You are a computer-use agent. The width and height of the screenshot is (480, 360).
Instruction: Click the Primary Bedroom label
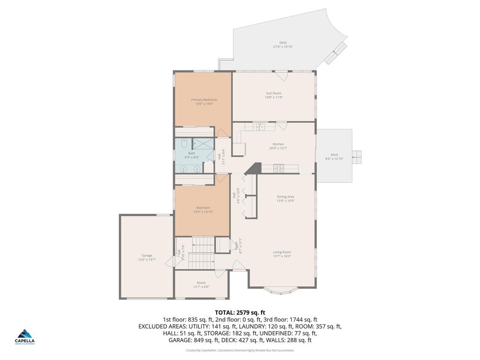pyautogui.click(x=204, y=99)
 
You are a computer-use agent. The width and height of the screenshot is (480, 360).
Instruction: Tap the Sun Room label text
pyautogui.click(x=273, y=93)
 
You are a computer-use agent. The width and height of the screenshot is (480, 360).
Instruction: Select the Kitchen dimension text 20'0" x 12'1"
pyautogui.click(x=278, y=148)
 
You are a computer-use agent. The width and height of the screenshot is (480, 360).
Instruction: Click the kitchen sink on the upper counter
pyautogui.click(x=260, y=126)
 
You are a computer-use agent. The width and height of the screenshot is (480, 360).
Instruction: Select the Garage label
pyautogui.click(x=147, y=255)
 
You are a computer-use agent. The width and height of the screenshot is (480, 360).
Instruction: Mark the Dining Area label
pyautogui.click(x=285, y=196)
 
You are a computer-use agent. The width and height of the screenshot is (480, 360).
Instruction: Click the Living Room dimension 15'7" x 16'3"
pyautogui.click(x=282, y=256)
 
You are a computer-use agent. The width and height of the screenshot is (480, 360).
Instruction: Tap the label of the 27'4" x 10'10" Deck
pyautogui.click(x=283, y=43)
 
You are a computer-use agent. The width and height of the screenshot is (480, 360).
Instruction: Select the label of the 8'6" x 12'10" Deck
pyautogui.click(x=334, y=155)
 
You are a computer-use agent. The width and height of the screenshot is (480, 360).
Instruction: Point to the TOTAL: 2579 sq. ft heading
pyautogui.click(x=240, y=312)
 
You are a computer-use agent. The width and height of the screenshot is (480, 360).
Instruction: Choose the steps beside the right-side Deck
pyautogui.click(x=358, y=157)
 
